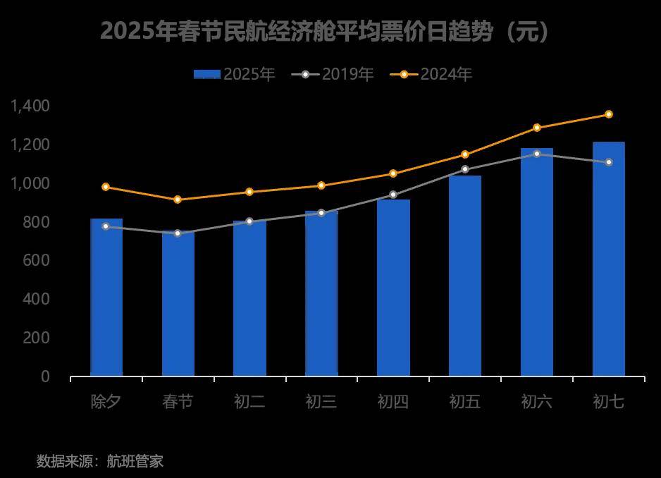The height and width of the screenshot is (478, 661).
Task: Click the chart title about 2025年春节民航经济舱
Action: pos(325,32)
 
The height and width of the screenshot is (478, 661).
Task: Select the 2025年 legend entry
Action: pos(234,74)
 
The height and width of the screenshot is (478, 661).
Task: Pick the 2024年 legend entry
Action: pos(431,74)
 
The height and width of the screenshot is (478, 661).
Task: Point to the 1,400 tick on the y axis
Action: pos(30,106)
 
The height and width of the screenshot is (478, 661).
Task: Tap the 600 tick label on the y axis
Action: pos(35,260)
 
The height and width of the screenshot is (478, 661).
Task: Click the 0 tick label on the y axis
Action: pos(45,376)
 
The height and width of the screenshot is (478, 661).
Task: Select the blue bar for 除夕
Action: pos(106,298)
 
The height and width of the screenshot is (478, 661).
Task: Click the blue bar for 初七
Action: pos(608,259)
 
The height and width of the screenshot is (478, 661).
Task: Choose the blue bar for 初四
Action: pos(393,288)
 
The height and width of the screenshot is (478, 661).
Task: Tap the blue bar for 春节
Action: pos(178,304)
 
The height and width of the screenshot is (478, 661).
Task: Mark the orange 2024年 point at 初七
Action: pos(609,114)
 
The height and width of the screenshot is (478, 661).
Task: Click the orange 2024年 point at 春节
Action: pos(178,200)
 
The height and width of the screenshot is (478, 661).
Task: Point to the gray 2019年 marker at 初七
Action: pos(609,162)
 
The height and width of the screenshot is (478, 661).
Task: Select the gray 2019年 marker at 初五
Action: pos(465,169)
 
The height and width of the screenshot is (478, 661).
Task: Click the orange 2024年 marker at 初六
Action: pos(537,128)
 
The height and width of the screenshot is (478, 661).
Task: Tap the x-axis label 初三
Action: pos(321,402)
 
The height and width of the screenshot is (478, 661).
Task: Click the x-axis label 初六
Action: pos(537,402)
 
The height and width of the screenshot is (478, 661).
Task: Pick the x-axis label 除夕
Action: pos(106,402)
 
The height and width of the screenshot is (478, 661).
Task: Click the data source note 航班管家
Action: pos(100,462)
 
